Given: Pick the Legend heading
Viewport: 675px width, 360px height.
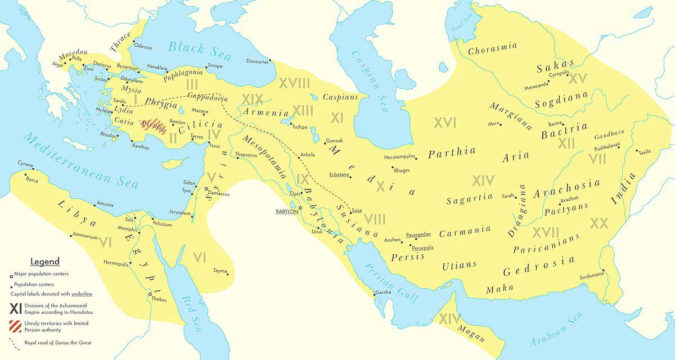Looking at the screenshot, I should [x=44, y=262].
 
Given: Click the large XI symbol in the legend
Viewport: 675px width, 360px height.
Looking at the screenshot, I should [x=16, y=307].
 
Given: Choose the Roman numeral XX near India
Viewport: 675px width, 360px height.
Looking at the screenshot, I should [x=599, y=223].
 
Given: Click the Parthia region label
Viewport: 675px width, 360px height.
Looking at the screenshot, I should [x=452, y=152].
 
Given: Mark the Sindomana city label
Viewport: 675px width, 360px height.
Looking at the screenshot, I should [x=591, y=275].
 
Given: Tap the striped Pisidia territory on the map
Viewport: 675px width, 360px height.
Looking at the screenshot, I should [x=152, y=125].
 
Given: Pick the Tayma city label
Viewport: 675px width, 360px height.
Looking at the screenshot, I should [x=220, y=271].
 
